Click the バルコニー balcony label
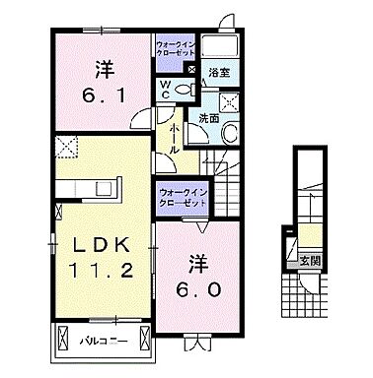pyautogui.click(x=103, y=342)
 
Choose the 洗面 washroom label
pyautogui.click(x=209, y=118)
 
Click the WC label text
pyautogui.click(x=166, y=88)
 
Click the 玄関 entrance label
pyautogui.click(x=311, y=260)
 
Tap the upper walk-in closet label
pyautogui.click(x=175, y=50)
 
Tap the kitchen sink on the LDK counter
pyautogui.click(x=76, y=186)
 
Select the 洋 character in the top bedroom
pyautogui.click(x=105, y=68)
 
